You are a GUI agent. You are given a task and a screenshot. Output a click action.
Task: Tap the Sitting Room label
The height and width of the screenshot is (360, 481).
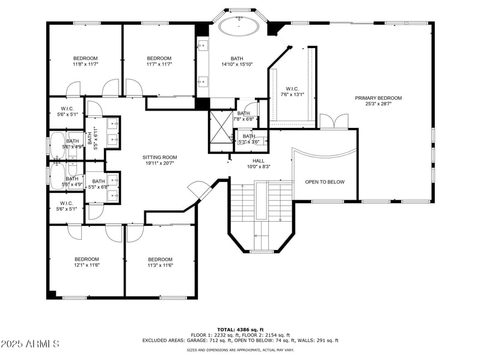[159, 157]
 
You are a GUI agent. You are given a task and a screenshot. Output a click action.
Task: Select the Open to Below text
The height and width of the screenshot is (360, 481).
[325, 182]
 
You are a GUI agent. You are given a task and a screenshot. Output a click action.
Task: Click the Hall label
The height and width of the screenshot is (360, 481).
[259, 160]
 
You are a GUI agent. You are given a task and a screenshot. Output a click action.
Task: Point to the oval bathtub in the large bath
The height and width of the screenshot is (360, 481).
[239, 27]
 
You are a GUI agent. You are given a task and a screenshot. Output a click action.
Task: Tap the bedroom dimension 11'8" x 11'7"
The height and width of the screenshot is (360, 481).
[85, 64]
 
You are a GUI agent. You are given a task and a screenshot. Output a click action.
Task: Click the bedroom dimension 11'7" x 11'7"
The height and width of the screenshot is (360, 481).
[159, 64]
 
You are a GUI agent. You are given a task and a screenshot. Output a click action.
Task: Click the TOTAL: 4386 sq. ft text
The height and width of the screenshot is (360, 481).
[240, 329]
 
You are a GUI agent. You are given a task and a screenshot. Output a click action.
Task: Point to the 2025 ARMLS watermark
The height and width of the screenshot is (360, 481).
[30, 344]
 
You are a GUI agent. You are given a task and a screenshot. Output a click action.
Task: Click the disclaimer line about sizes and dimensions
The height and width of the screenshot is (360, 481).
[240, 350]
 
